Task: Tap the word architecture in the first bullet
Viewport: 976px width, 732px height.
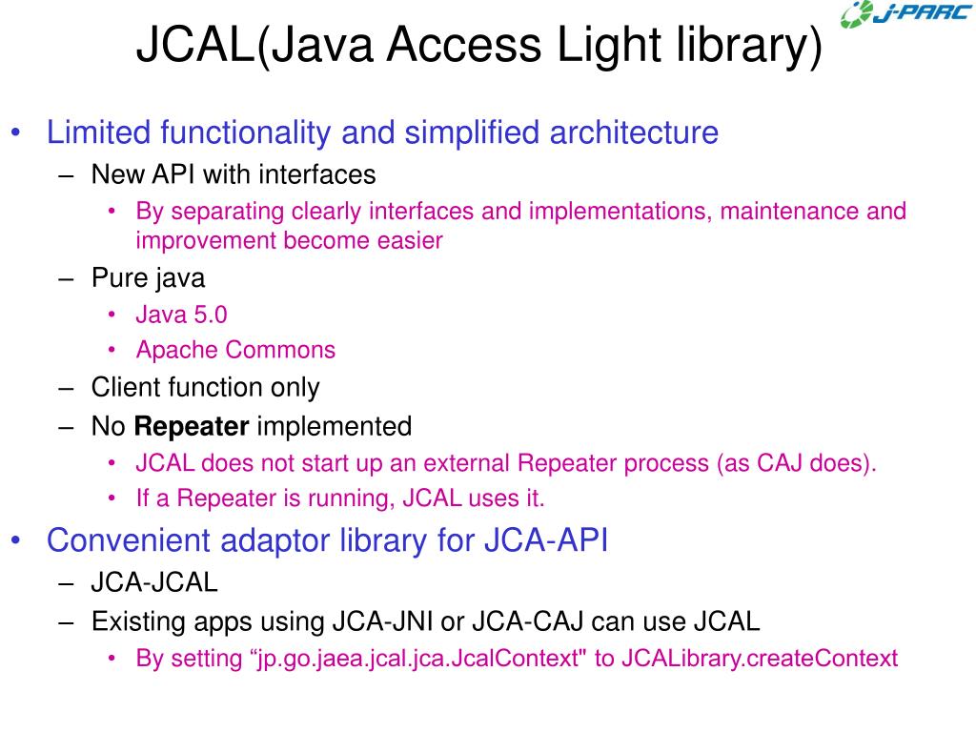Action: point(633,132)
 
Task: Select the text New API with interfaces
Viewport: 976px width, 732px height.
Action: point(234,174)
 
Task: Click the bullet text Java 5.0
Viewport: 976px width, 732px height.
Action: point(181,315)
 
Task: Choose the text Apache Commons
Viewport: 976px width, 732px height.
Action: point(235,350)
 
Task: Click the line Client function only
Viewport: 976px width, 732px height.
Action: point(205,388)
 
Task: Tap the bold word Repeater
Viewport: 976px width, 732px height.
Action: point(192,426)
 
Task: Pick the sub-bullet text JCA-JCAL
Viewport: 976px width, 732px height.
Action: point(154,582)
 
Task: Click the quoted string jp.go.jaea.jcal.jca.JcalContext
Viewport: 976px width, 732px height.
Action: point(419,658)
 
